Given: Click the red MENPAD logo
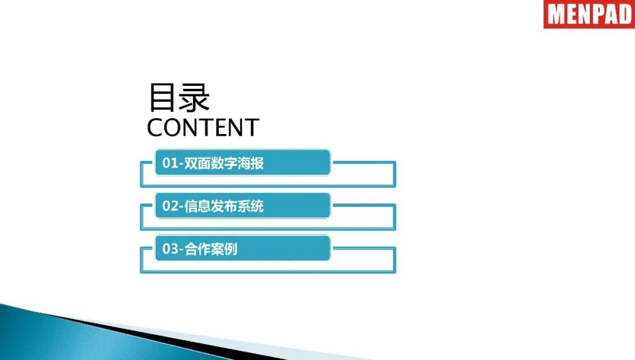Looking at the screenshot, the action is click(x=589, y=14).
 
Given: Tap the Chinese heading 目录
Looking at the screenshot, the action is click(x=179, y=97).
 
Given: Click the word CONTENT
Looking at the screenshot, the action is click(x=203, y=127).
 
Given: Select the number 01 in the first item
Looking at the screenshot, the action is click(x=170, y=163).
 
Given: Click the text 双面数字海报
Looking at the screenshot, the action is click(x=224, y=163).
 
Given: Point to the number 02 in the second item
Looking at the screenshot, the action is click(x=170, y=206).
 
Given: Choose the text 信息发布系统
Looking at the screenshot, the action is click(x=224, y=206).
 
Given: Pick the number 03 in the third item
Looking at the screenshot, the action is click(x=170, y=249).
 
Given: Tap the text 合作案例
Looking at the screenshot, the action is click(x=211, y=249).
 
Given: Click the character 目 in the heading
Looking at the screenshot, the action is click(x=162, y=97).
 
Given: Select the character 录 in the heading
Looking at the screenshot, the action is click(x=195, y=97).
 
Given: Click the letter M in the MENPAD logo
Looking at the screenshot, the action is click(x=556, y=15).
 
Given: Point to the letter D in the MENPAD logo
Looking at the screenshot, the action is click(x=625, y=15).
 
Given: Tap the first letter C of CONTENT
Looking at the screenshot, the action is click(x=155, y=127).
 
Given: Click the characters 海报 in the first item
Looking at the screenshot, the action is click(x=250, y=163).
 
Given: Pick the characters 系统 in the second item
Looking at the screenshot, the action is click(x=250, y=206).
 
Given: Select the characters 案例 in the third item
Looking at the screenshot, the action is click(x=225, y=249).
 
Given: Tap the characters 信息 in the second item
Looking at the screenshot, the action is click(x=198, y=206).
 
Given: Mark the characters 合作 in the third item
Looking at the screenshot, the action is click(x=198, y=249).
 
